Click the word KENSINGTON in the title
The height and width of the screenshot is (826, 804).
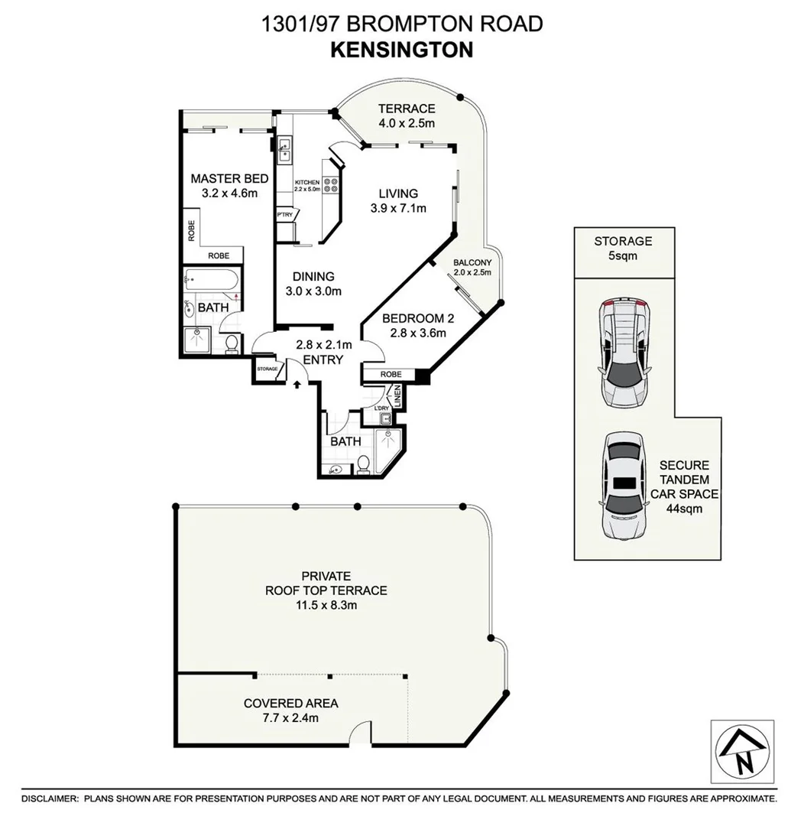coord(401,50)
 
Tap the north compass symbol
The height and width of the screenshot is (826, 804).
coord(742,752)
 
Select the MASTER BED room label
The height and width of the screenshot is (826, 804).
coord(229,179)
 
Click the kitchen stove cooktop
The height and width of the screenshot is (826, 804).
coord(333,184)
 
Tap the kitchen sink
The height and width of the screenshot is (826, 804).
coord(286,148)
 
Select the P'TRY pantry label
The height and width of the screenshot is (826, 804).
coord(285,215)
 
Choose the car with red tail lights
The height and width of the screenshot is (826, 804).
coord(625,351)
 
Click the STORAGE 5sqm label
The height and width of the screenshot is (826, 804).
coord(623,249)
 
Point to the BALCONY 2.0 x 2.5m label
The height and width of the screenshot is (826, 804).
coord(472,266)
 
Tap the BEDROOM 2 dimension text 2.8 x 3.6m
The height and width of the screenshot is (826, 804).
coord(413,333)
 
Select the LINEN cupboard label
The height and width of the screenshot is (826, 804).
coord(397,397)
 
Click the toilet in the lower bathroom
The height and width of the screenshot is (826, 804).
coord(364,464)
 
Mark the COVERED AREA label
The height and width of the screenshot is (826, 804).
coord(290,704)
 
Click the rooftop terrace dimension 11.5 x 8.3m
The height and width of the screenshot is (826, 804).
coord(326,605)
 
